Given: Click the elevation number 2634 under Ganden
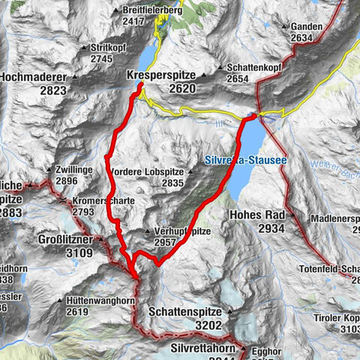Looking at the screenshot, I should point(301,38).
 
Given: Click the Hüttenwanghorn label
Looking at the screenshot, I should point(99,301).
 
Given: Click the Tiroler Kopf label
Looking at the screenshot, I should point(340,317).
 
